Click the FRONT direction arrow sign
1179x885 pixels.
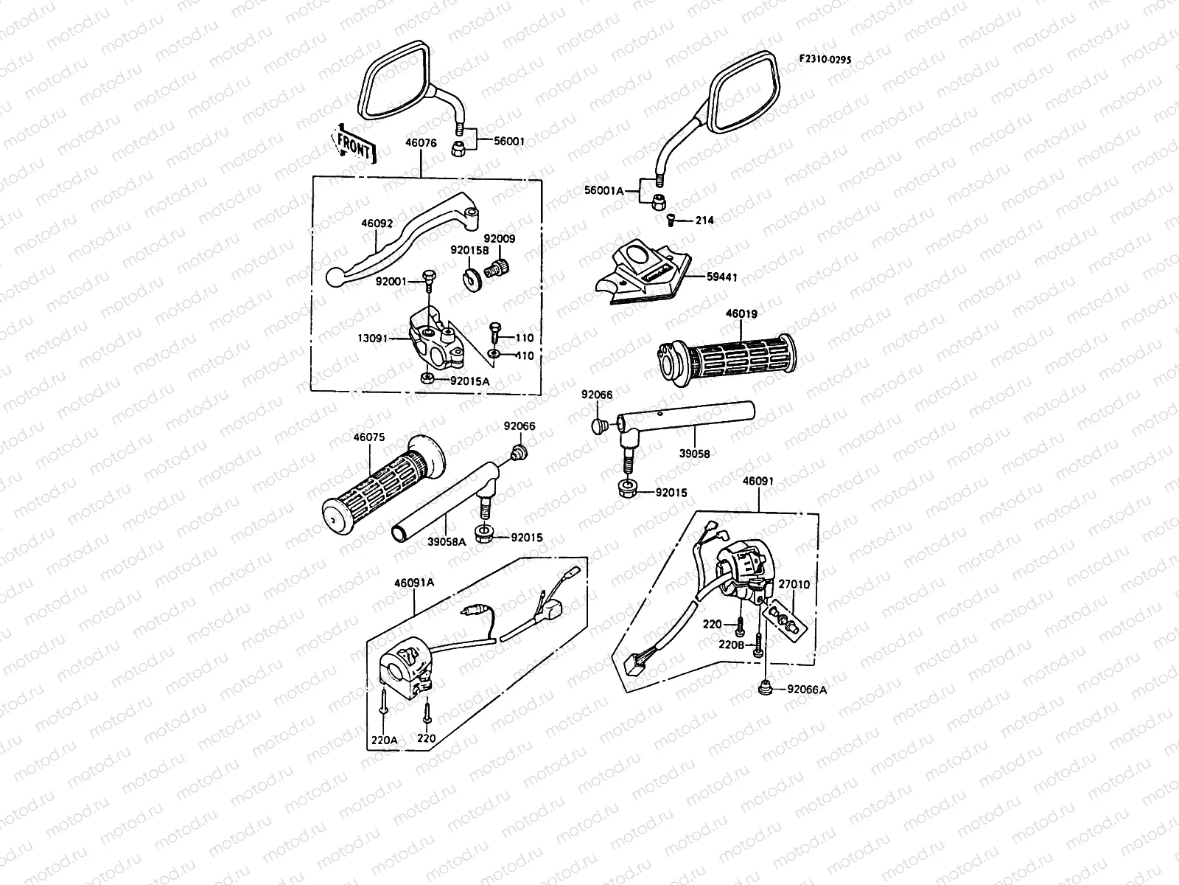pyautogui.click(x=355, y=142)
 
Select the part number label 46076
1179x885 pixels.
pyautogui.click(x=420, y=144)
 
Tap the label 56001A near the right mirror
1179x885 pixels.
pyautogui.click(x=603, y=190)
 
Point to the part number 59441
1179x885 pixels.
pyautogui.click(x=721, y=277)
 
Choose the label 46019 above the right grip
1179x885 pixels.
pyautogui.click(x=741, y=313)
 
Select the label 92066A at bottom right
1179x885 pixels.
pyautogui.click(x=807, y=690)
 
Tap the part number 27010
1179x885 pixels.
pyautogui.click(x=794, y=584)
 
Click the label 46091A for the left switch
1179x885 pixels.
pyautogui.click(x=415, y=582)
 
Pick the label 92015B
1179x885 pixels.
pyautogui.click(x=470, y=250)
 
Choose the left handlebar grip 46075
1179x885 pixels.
pyautogui.click(x=379, y=490)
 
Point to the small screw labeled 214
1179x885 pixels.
pyautogui.click(x=671, y=220)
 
